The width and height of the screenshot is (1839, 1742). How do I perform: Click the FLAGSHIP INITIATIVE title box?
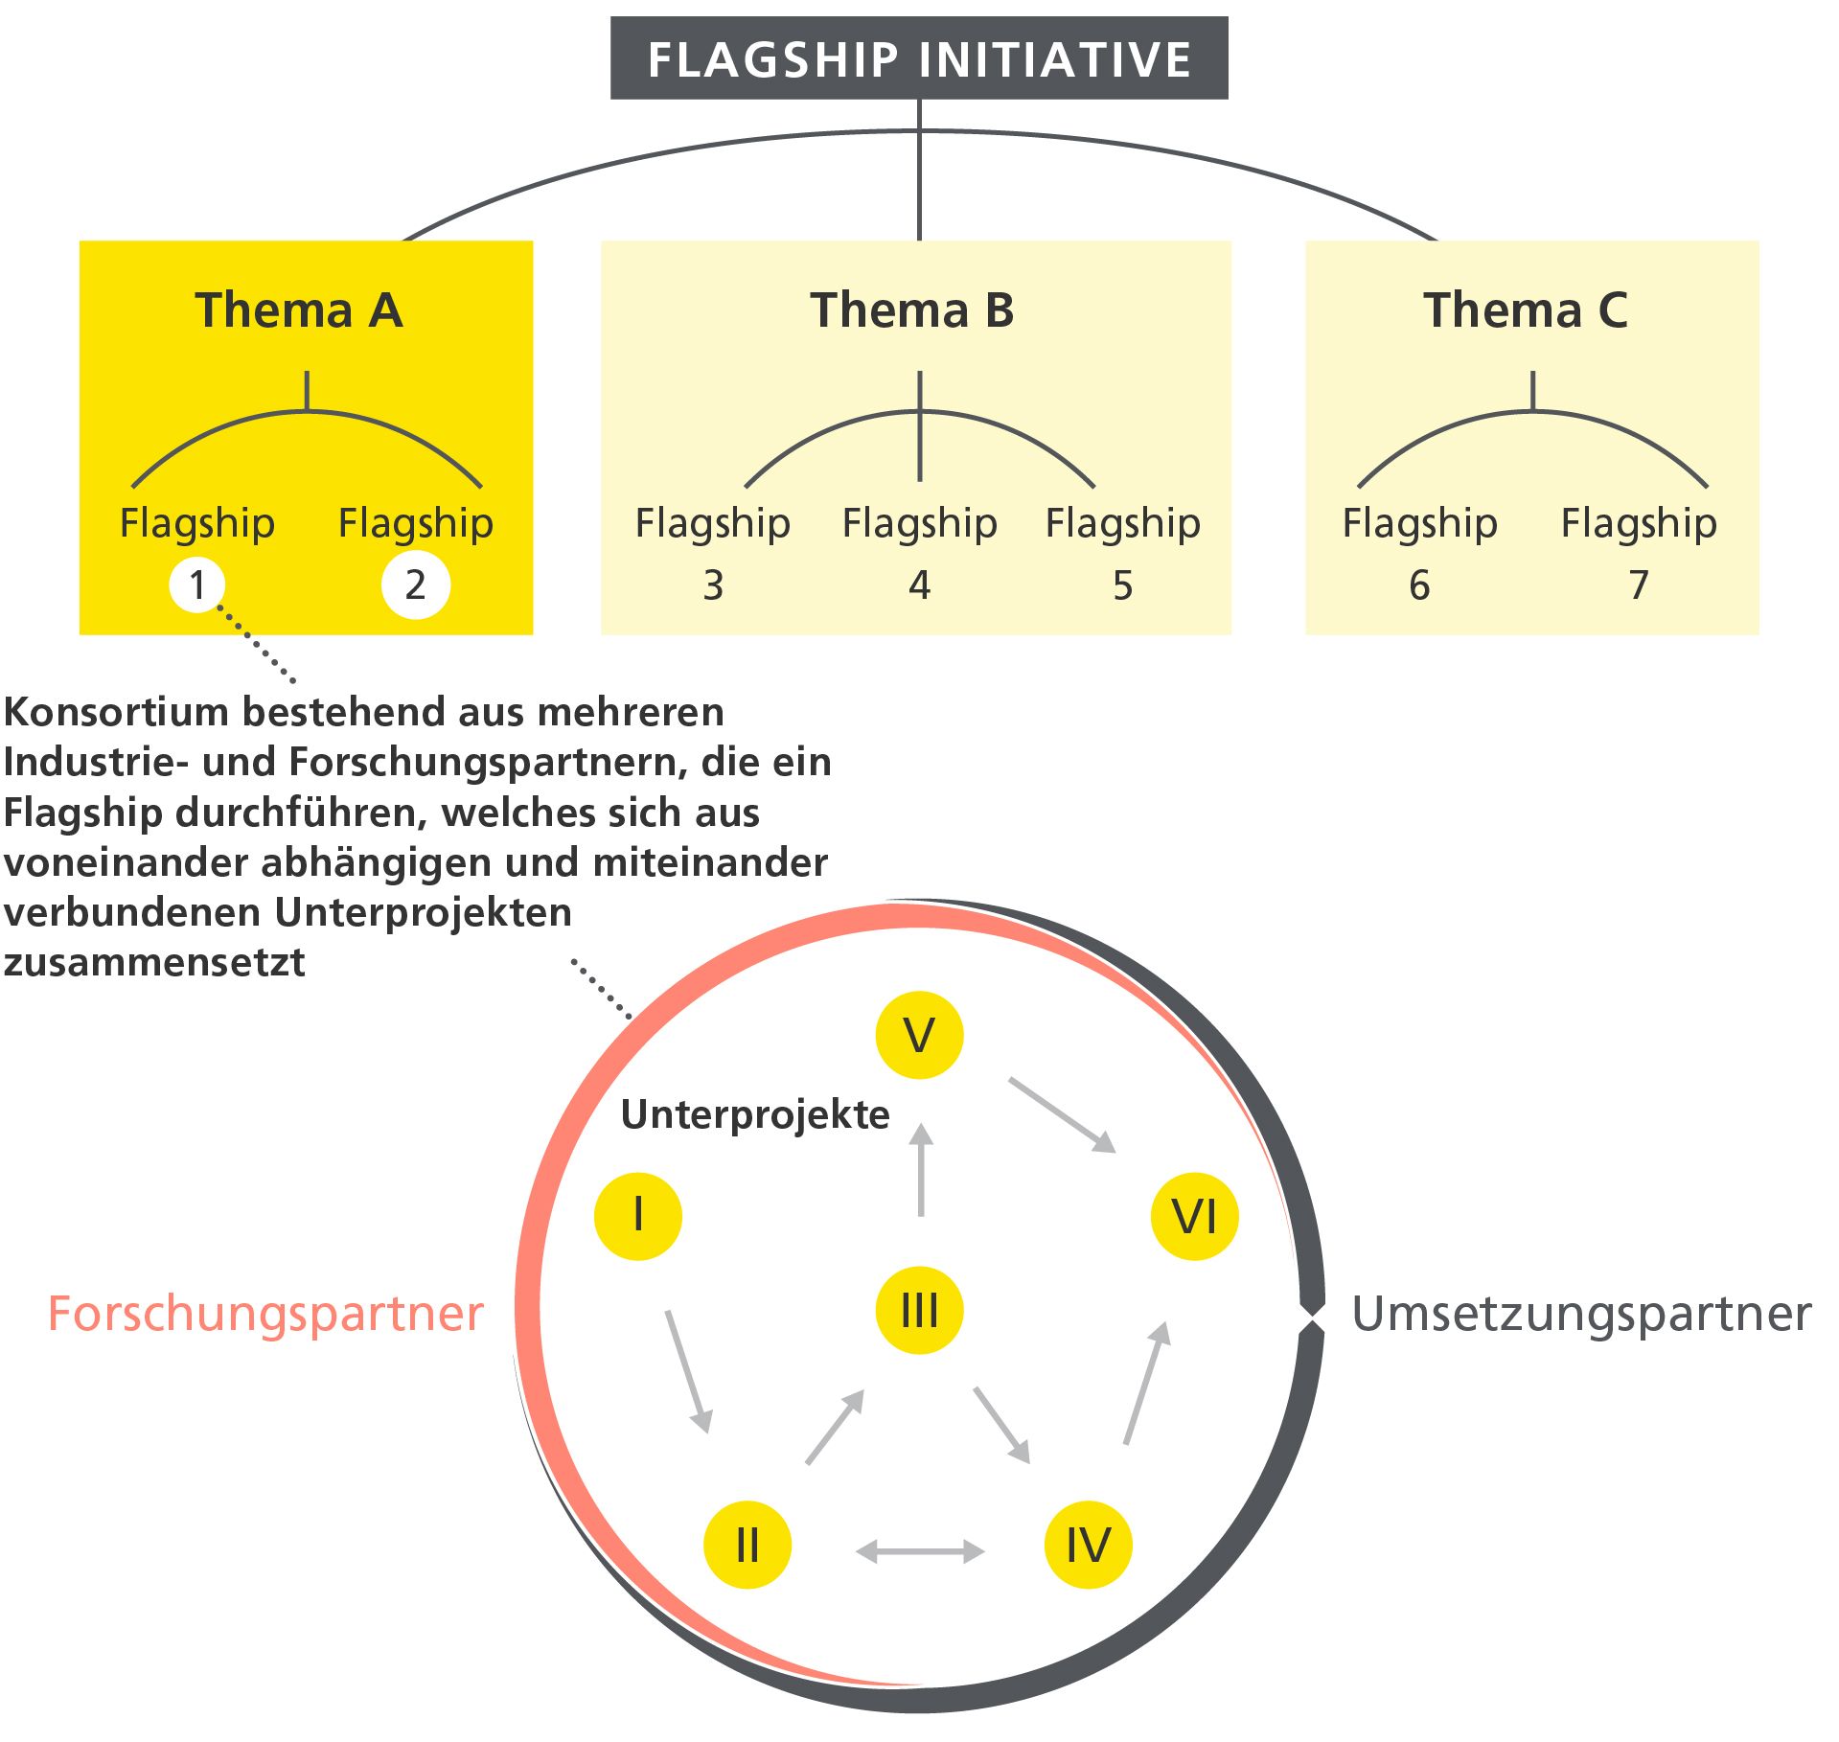click(x=918, y=58)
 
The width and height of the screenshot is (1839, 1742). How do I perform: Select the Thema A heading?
click(x=299, y=310)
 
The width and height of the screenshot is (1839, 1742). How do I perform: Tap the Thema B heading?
click(x=911, y=310)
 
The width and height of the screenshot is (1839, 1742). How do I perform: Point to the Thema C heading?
click(x=1525, y=310)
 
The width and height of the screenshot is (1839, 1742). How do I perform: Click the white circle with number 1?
click(x=197, y=584)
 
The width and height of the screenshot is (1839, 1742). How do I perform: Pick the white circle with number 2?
click(x=415, y=584)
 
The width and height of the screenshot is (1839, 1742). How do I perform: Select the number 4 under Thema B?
click(x=919, y=585)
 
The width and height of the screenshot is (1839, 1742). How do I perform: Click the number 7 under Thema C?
click(x=1639, y=585)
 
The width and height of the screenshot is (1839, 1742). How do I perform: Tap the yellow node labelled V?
click(x=919, y=1035)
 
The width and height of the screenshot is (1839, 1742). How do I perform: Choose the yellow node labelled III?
click(x=919, y=1310)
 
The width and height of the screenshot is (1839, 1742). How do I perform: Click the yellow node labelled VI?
click(x=1194, y=1216)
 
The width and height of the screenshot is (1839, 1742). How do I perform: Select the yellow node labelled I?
click(x=638, y=1216)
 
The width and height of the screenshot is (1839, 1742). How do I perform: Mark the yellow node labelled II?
click(x=747, y=1545)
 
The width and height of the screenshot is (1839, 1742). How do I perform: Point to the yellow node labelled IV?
click(x=1088, y=1545)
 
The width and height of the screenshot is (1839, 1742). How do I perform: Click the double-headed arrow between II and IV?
click(x=919, y=1550)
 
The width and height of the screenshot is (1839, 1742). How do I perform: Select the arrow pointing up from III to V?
click(x=921, y=1171)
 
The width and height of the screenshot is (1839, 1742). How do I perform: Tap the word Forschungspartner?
click(x=265, y=1314)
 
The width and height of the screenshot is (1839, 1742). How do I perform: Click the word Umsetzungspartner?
click(x=1580, y=1314)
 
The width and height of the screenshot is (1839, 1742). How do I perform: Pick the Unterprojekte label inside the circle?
click(x=755, y=1115)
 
